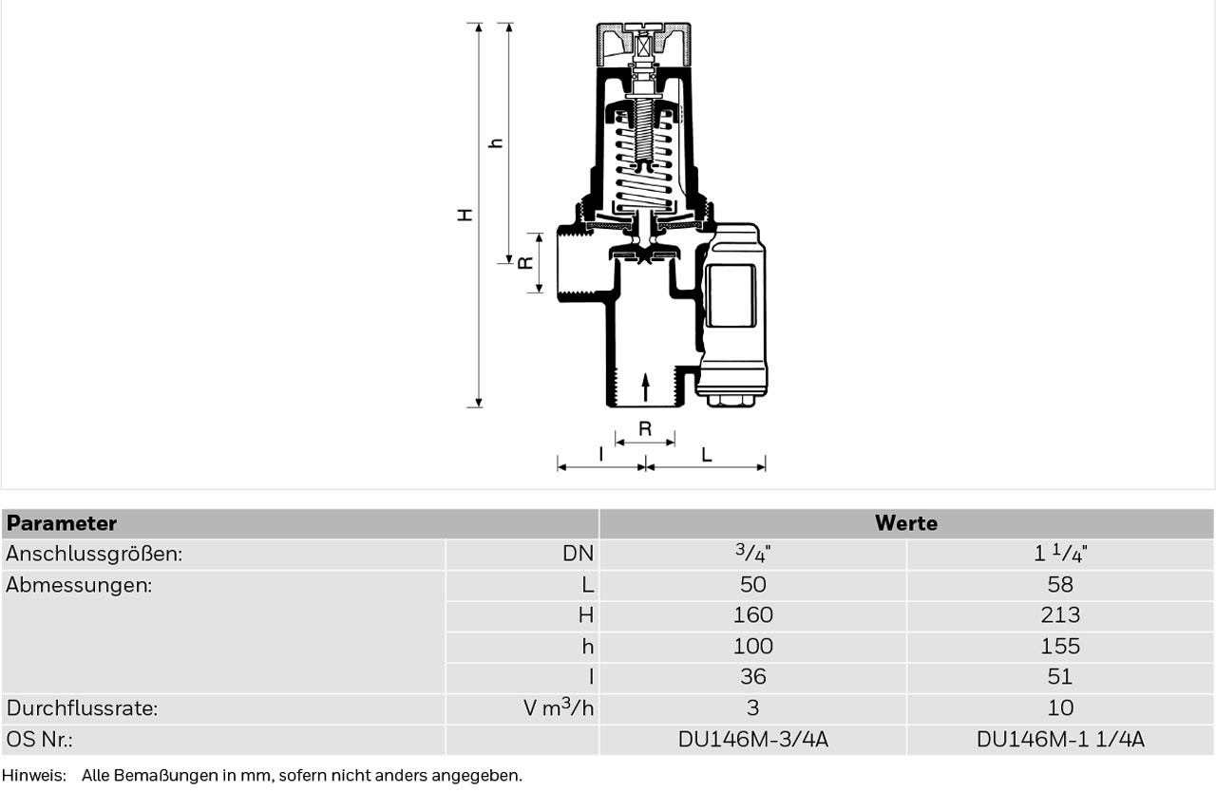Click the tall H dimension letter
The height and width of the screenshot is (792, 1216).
coord(465,215)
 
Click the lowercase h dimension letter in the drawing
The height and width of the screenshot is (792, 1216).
coord(496,143)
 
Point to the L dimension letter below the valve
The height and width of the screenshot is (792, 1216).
coord(706,455)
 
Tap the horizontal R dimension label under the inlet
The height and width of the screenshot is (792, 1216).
coord(645,429)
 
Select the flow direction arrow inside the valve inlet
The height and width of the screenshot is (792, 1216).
coord(645,387)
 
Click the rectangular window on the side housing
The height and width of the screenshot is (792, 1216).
coord(731,296)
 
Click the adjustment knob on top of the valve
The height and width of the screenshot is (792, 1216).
coord(644,45)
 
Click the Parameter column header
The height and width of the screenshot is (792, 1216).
coord(62,523)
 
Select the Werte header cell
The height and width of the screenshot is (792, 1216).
coord(906,523)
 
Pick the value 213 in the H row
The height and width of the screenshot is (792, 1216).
coord(1060,615)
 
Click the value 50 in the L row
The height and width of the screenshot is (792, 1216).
coord(753,585)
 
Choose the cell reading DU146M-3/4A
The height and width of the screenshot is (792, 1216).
coord(753,740)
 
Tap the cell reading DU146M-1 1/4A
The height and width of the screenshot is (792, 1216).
coord(1060,740)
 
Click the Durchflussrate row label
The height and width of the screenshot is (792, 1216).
coord(82,708)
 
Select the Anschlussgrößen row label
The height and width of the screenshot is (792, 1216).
coord(94,554)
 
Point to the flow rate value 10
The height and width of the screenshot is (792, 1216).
coord(1060,707)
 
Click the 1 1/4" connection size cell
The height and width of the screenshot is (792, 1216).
coord(1060,554)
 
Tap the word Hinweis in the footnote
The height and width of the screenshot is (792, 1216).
coord(33,776)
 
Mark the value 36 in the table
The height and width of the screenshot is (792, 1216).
coord(753,677)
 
